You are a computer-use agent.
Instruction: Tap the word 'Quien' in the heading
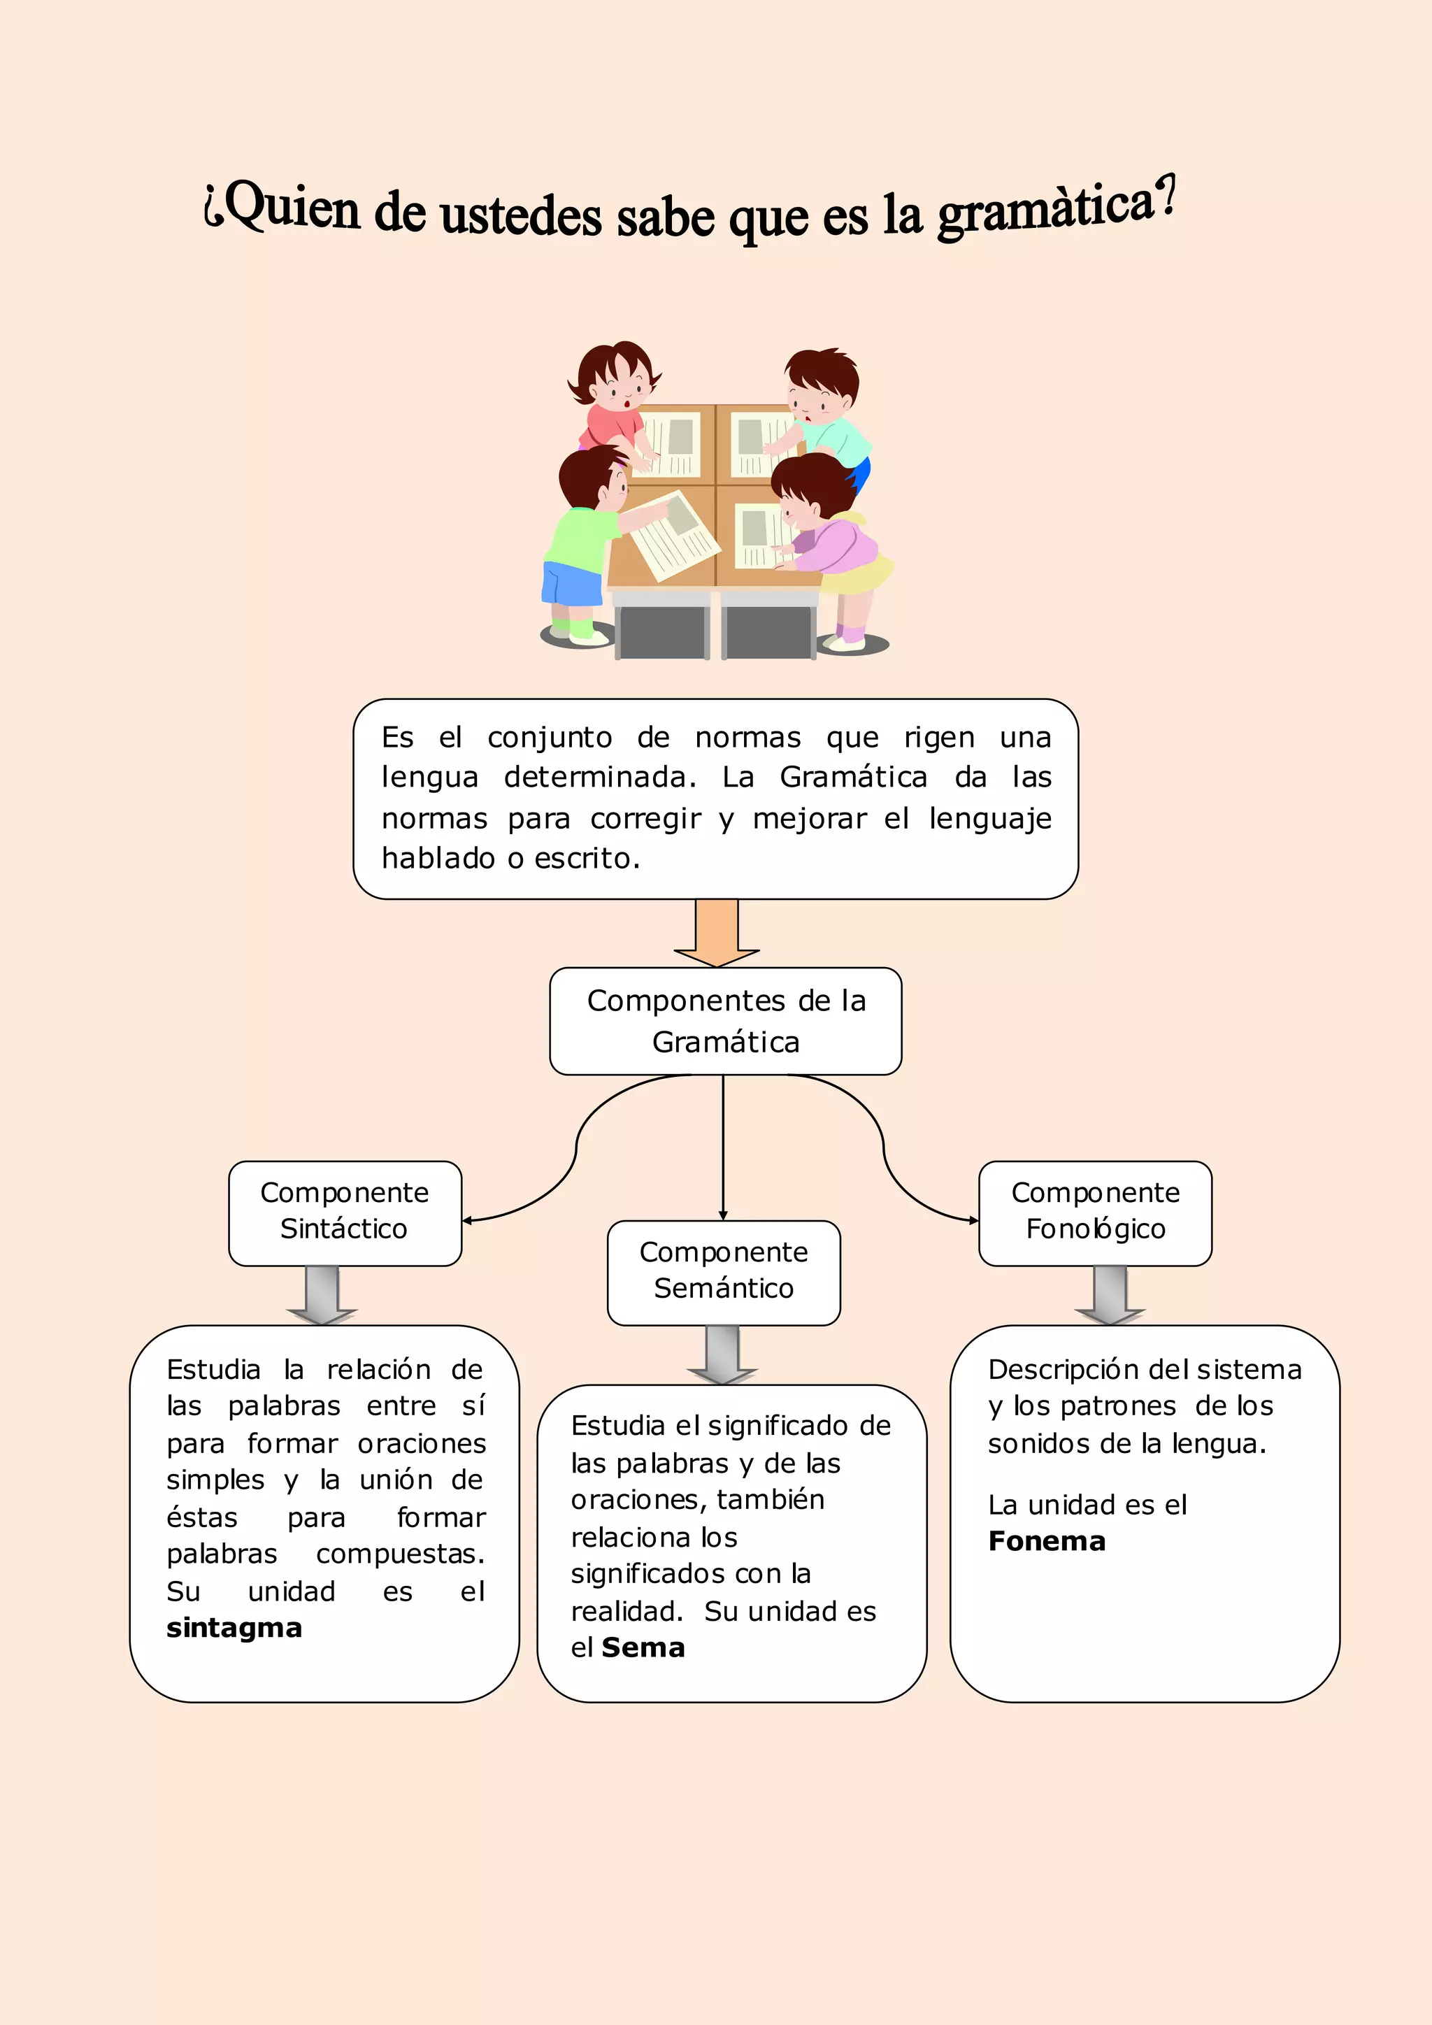pyautogui.click(x=291, y=207)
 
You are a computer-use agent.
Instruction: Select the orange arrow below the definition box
pyautogui.click(x=716, y=933)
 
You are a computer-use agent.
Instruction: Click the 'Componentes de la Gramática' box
pyautogui.click(x=725, y=1022)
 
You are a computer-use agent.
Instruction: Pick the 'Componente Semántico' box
pyautogui.click(x=723, y=1272)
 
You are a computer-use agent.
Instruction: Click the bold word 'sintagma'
pyautogui.click(x=234, y=1627)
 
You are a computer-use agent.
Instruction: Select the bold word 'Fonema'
pyautogui.click(x=1047, y=1541)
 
